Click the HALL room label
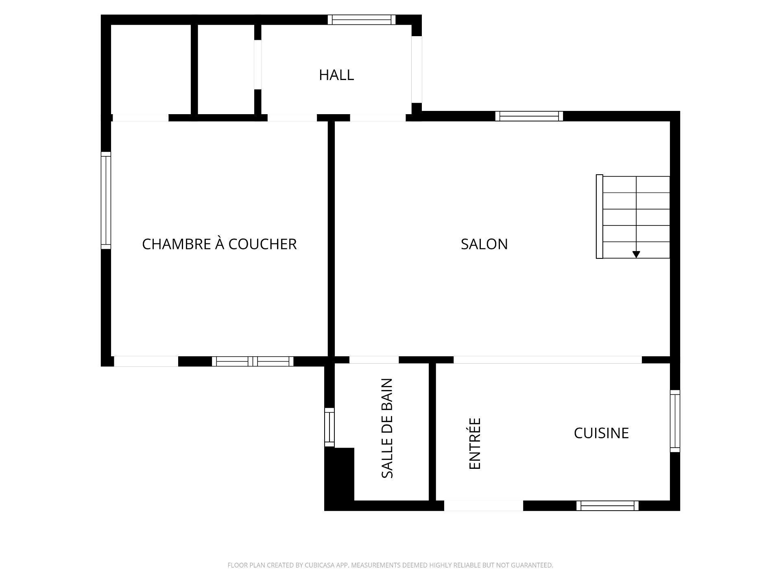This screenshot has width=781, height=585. click(x=336, y=75)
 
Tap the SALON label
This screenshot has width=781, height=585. click(x=484, y=244)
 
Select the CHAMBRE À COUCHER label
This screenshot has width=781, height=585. click(x=219, y=244)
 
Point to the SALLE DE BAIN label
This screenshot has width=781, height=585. click(x=387, y=428)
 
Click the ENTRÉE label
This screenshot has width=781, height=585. click(x=475, y=444)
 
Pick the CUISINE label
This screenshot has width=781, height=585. click(x=601, y=433)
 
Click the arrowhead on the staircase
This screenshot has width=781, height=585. click(x=636, y=254)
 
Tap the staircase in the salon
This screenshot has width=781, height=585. click(x=633, y=217)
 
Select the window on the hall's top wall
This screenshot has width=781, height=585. click(x=362, y=19)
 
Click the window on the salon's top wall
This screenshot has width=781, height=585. click(x=529, y=116)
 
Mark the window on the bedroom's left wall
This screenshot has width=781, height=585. click(x=106, y=200)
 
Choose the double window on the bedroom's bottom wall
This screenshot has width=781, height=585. click(x=253, y=361)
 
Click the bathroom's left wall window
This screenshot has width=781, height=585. click(x=329, y=427)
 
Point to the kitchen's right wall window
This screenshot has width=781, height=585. click(x=675, y=421)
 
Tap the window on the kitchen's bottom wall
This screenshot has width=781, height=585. click(x=607, y=505)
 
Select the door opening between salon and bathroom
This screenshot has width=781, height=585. click(x=374, y=360)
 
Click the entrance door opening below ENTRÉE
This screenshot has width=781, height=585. click(x=483, y=505)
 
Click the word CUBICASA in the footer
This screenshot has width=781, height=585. click(x=319, y=565)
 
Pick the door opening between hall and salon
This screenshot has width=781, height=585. click(x=378, y=118)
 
